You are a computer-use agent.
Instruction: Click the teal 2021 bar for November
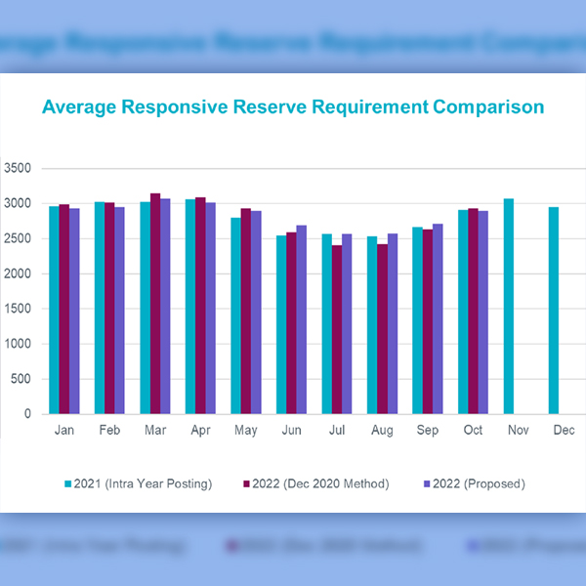[x=509, y=307]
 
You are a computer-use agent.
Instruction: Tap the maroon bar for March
[x=155, y=304]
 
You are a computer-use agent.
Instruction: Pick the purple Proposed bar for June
[x=301, y=319]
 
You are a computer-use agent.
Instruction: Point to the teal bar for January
[x=54, y=310]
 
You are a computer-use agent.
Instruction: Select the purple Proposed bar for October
[x=482, y=313]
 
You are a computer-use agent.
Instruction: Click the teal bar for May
[x=235, y=315]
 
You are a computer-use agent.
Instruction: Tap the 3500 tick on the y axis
[x=19, y=168]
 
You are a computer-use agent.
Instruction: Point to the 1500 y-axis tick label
[x=19, y=309]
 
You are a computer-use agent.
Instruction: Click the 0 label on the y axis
[x=28, y=414]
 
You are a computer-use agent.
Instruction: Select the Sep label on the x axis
[x=428, y=431]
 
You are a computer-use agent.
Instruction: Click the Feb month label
[x=109, y=431]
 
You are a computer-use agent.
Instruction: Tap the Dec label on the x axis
[x=564, y=431]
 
